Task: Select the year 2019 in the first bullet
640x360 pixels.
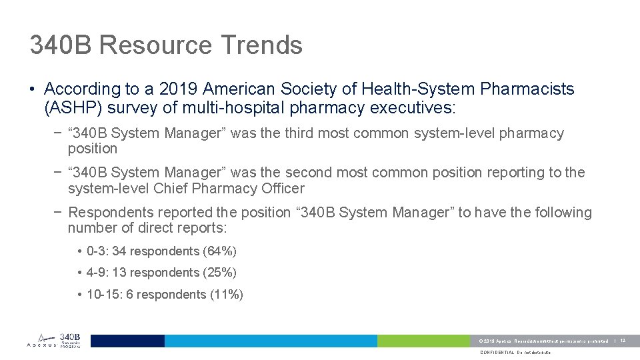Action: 179,89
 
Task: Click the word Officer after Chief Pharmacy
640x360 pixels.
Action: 279,189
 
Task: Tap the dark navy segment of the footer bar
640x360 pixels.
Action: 127,341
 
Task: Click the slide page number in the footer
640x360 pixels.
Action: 623,341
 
